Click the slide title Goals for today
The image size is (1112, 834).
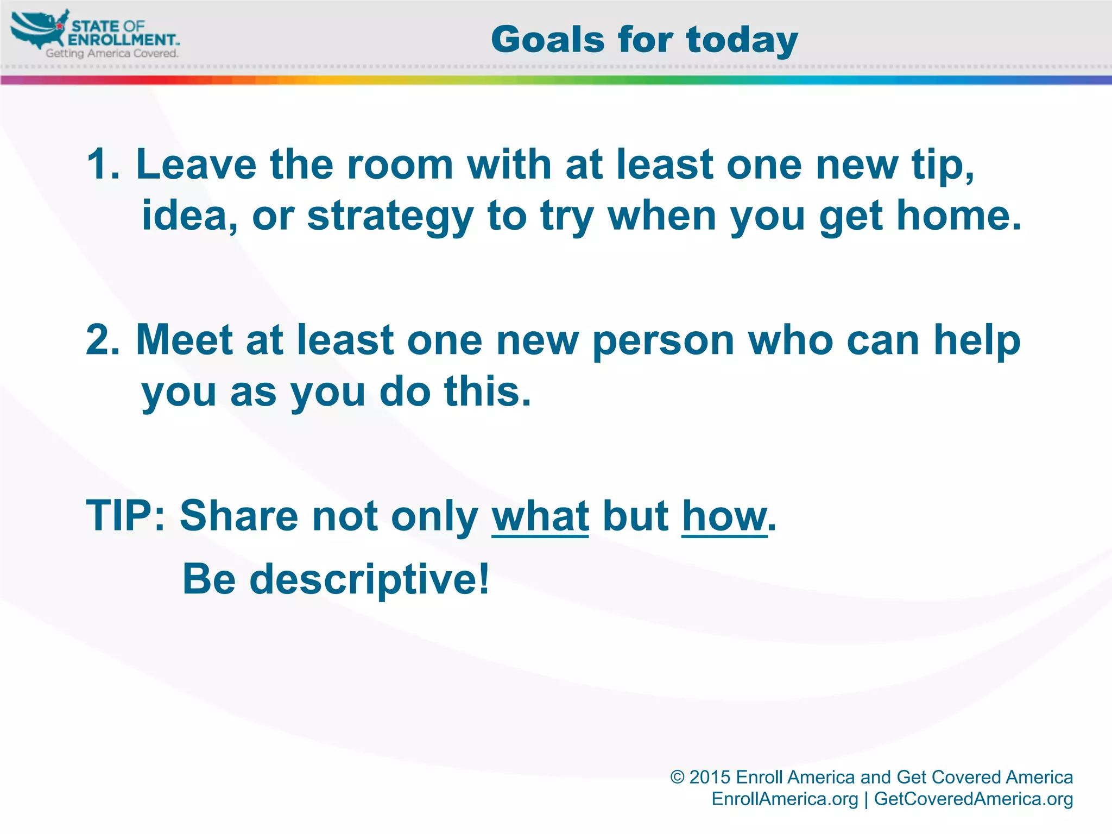644,40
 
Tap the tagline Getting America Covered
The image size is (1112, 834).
112,53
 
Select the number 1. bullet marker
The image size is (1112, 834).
103,165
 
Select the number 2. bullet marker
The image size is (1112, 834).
103,340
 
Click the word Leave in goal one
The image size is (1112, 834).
196,165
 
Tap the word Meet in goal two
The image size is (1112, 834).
184,340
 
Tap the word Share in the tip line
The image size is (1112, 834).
239,516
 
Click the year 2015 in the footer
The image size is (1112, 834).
710,777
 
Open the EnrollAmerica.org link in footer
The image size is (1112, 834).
785,799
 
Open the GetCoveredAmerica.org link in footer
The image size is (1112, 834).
973,799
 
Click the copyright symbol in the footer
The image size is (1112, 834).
677,777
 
